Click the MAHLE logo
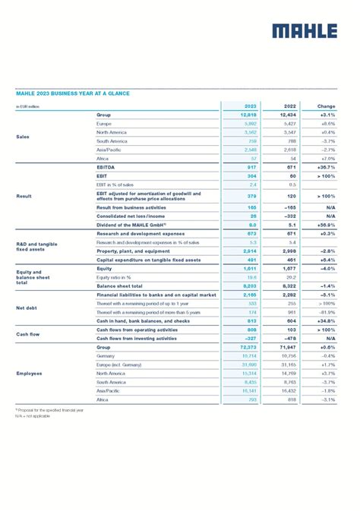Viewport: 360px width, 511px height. point(304,30)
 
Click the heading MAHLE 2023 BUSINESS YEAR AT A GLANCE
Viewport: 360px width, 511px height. point(72,93)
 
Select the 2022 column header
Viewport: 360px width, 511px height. point(289,106)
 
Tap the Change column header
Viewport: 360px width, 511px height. point(326,106)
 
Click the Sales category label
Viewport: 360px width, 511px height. point(23,137)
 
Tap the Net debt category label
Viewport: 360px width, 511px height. point(27,308)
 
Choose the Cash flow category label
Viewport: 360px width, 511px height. point(28,333)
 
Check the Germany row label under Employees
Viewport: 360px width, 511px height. point(106,355)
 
